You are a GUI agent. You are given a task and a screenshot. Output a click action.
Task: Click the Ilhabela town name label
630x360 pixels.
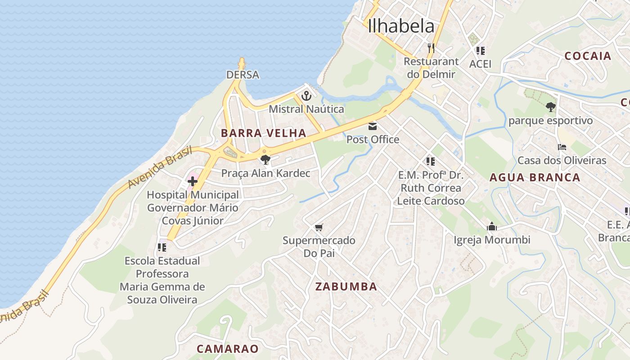(401, 26)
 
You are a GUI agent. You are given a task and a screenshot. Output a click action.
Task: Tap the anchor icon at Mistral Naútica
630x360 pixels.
(306, 96)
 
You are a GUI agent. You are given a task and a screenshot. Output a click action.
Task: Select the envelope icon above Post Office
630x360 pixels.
(373, 126)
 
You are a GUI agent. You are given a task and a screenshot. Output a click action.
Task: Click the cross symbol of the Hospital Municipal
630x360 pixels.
(193, 182)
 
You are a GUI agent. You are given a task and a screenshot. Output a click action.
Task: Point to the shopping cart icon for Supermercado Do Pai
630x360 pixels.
(319, 227)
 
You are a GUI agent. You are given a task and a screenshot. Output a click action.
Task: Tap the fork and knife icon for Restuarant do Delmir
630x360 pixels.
(431, 48)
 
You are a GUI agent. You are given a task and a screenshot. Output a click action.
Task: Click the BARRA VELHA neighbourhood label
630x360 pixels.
(264, 133)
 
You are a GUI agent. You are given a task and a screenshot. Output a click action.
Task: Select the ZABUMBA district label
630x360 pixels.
(346, 287)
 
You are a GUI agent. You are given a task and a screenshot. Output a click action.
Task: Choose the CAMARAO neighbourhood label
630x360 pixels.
(228, 349)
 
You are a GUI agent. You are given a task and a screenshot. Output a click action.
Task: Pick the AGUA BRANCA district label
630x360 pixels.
(535, 177)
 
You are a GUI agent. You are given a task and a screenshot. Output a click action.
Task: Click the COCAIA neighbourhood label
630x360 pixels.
(588, 56)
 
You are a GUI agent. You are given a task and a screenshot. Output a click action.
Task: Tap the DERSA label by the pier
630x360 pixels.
(243, 75)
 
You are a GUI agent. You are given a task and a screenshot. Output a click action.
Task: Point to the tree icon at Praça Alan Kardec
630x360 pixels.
(265, 159)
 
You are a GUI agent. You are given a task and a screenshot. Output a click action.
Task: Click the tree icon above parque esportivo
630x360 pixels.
(550, 107)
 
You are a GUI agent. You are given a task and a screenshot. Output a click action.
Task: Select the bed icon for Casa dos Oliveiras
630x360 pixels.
(562, 147)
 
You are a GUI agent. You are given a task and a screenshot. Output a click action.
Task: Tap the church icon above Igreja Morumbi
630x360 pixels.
(491, 226)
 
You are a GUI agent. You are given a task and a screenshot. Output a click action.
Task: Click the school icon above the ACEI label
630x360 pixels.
(480, 50)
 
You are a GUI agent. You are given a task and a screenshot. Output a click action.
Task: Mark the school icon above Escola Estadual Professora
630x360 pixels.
(162, 247)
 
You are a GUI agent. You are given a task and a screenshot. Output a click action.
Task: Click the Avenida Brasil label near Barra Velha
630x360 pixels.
(160, 167)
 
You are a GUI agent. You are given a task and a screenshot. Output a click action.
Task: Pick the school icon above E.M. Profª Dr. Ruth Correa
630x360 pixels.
(430, 161)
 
